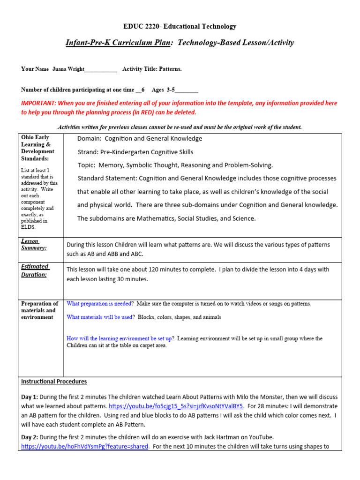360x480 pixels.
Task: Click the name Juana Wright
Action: pos(68,69)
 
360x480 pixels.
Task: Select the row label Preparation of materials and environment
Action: pos(39,310)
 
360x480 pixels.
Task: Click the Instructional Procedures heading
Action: pos(54,382)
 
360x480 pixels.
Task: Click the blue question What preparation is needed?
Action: pos(100,304)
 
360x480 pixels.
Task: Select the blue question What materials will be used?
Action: pos(100,317)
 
